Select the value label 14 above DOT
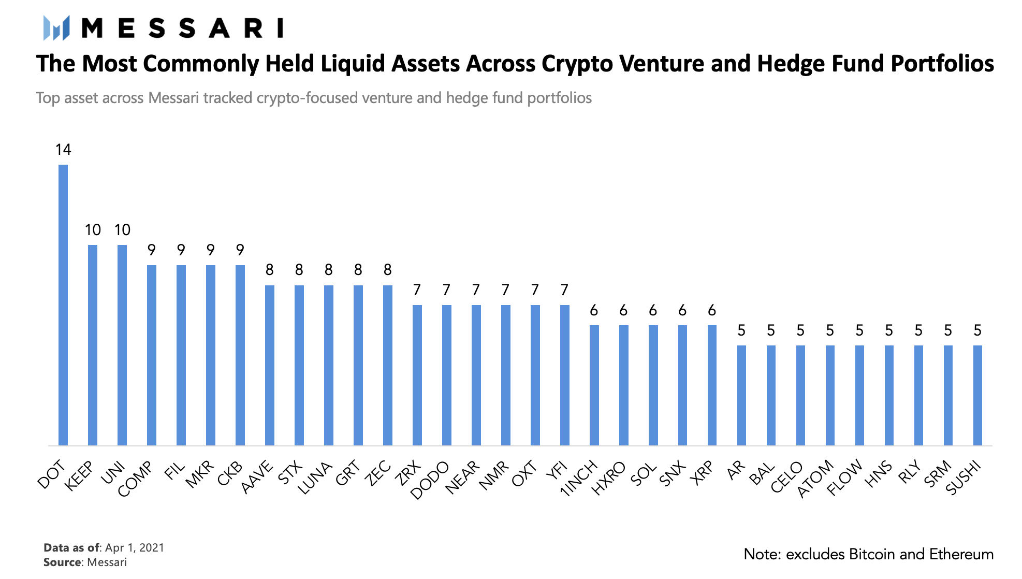pos(63,150)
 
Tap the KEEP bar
pos(93,345)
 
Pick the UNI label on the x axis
pos(113,473)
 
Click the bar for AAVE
pos(270,365)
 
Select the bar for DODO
pos(447,375)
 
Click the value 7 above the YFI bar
pos(564,290)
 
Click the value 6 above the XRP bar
pos(712,310)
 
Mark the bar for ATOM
pos(830,395)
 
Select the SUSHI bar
pos(977,395)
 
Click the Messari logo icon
pos(56,27)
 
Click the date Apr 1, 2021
pos(135,548)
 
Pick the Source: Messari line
pos(85,562)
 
